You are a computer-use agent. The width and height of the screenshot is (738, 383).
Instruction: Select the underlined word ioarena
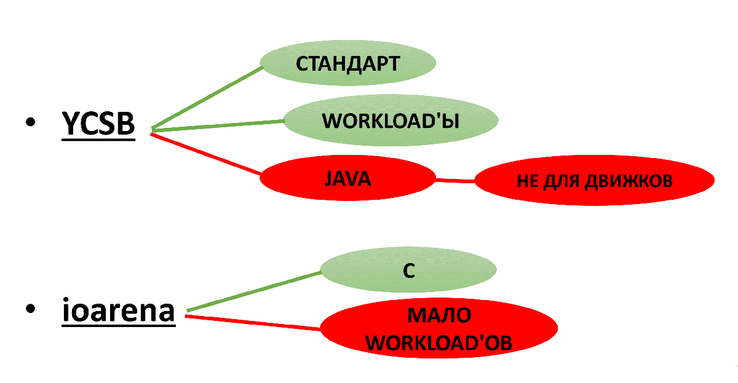tap(119, 310)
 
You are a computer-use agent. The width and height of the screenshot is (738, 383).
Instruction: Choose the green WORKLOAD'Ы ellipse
tap(391, 120)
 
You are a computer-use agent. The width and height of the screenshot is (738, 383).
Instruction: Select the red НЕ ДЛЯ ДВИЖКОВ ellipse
tap(594, 181)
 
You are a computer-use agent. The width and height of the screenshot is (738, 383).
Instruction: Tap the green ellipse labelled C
tap(409, 271)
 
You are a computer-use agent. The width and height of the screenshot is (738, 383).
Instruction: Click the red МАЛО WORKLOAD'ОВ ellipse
tap(439, 329)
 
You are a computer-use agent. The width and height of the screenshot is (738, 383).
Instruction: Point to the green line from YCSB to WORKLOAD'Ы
tap(216, 125)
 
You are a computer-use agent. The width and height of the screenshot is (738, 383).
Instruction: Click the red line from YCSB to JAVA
tap(206, 154)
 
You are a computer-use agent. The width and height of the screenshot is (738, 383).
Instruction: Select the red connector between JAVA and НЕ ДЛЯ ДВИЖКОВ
tap(455, 180)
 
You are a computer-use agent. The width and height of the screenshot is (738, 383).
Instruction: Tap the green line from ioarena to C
tap(252, 291)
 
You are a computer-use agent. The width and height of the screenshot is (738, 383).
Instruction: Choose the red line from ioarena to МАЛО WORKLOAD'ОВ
tap(252, 322)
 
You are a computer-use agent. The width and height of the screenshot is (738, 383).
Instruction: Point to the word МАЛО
tap(439, 315)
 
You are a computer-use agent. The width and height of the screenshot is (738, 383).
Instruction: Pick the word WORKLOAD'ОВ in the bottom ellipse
tap(439, 342)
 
